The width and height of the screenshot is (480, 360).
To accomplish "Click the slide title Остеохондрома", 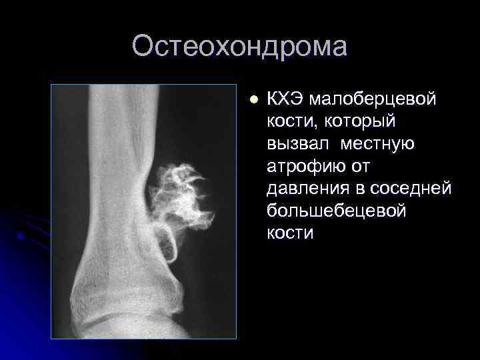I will pyautogui.click(x=239, y=47).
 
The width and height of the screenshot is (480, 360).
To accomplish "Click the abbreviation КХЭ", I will pyautogui.click(x=285, y=99).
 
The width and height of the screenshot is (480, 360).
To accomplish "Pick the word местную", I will pyautogui.click(x=378, y=144).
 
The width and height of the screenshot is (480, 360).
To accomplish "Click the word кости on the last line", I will pyautogui.click(x=290, y=234).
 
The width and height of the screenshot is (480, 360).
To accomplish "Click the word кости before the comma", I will pyautogui.click(x=290, y=122).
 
